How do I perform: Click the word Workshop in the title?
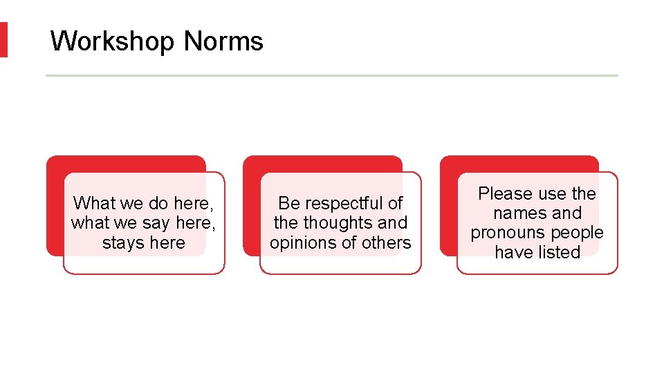tap(112, 41)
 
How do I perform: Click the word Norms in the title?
tap(224, 41)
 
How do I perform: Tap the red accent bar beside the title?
tap(3, 39)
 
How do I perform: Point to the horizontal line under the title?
tap(332, 75)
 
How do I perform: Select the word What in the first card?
tap(93, 203)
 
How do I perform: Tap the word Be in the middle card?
tap(288, 203)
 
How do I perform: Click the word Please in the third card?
tap(506, 193)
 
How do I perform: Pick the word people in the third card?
tap(577, 233)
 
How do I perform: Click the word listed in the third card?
tap(559, 253)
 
